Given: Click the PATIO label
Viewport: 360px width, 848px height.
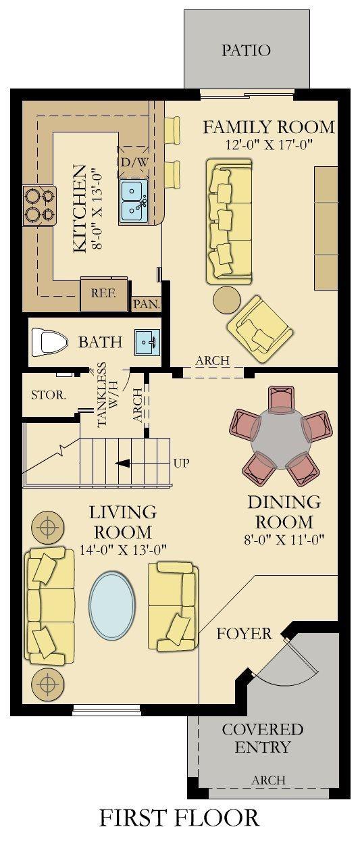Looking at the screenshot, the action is click(246, 50).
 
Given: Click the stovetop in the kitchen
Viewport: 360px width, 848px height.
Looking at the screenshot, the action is click(40, 205).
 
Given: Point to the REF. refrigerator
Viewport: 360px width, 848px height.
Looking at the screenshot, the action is click(104, 295).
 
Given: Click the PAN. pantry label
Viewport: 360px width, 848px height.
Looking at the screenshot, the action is click(146, 304).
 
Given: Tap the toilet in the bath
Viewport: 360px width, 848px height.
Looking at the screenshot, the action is click(49, 342).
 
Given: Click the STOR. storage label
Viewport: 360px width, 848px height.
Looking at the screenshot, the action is click(49, 395).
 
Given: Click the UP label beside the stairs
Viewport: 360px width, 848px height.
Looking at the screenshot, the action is click(181, 463).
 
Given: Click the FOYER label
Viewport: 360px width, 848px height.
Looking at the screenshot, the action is click(244, 633).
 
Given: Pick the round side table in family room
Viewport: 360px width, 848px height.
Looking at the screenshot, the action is click(227, 300).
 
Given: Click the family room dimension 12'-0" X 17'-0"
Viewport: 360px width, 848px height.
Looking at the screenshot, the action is click(268, 145).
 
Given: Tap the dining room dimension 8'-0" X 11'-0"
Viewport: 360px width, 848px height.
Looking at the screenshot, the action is click(284, 539).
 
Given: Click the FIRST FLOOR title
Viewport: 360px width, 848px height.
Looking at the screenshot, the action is click(180, 818).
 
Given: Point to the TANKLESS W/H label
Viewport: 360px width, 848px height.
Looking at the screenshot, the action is click(107, 395).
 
